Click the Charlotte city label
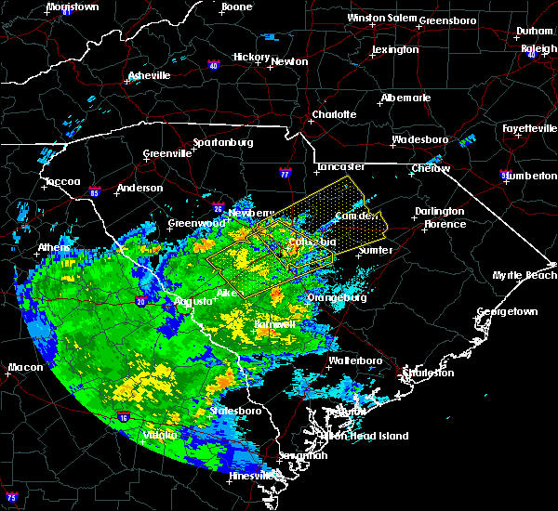334,114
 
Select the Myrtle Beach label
525,275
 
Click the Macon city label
25,367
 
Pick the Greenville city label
167,154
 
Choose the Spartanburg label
223,142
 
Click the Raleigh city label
538,48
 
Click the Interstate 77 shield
286,174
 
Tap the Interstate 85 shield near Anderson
96,193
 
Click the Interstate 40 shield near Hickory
213,66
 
